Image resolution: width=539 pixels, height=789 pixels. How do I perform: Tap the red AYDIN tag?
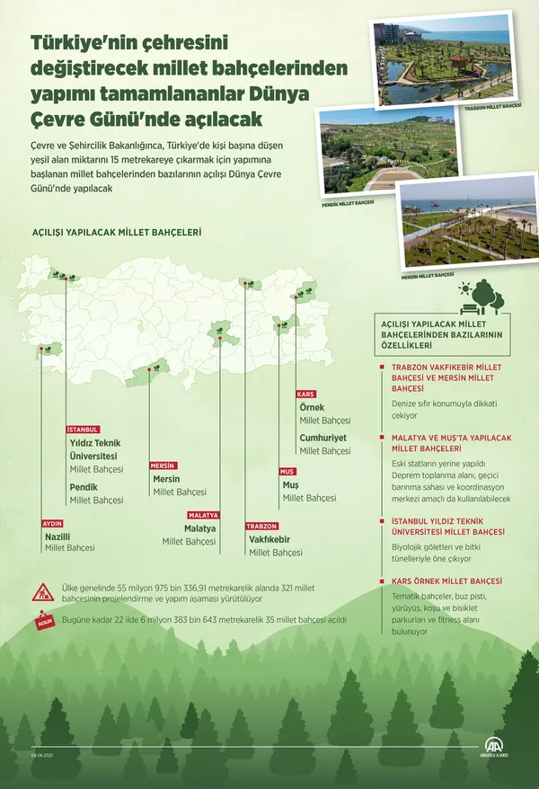click(x=52, y=523)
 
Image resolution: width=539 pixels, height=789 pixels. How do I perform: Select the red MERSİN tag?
click(x=163, y=465)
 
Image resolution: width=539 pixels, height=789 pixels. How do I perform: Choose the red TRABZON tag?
click(x=261, y=526)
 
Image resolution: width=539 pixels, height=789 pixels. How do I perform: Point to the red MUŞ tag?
click(x=288, y=471)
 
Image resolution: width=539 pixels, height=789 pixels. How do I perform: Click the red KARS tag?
click(x=306, y=394)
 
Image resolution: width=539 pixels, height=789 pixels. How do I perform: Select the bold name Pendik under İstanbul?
click(x=84, y=487)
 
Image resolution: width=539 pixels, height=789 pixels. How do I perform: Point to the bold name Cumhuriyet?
click(x=324, y=438)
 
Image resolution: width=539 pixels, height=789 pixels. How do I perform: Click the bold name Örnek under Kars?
click(x=311, y=407)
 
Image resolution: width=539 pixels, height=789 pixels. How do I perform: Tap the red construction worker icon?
click(x=45, y=592)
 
